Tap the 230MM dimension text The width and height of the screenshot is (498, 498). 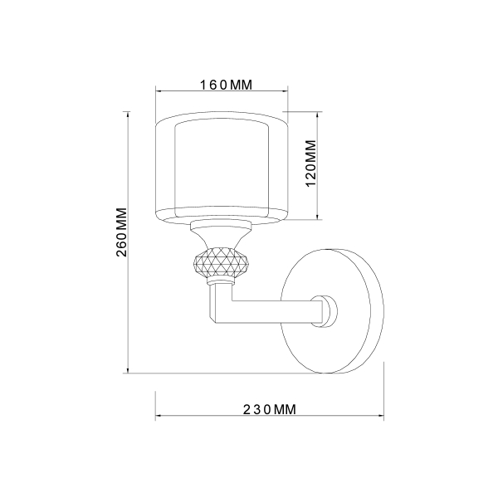pos(270,409)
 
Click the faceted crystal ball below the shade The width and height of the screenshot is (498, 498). pos(220,265)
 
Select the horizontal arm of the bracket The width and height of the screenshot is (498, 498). pos(274,311)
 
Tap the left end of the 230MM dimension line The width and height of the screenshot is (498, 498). pos(156,417)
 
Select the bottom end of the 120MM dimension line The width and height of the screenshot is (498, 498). pos(319,220)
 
